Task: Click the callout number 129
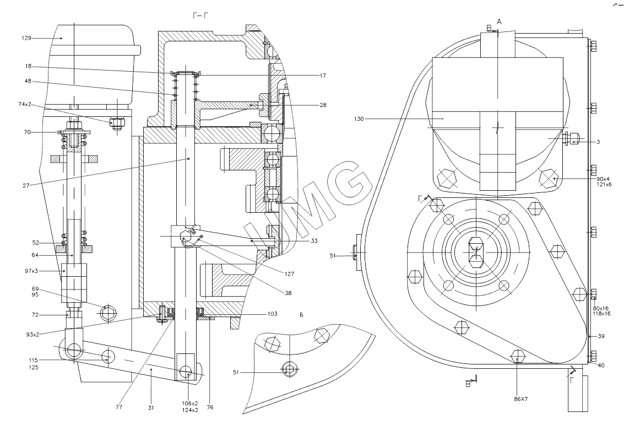pos(26,38)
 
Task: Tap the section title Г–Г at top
pos(200,16)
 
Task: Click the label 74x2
pos(25,104)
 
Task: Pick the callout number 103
pos(272,313)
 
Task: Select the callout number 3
pos(598,142)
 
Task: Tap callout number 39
pos(601,336)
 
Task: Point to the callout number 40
pos(601,365)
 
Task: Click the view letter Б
pos(302,315)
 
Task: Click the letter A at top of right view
pos(499,21)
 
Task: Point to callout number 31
pos(150,407)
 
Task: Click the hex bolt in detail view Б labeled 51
pos(289,369)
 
